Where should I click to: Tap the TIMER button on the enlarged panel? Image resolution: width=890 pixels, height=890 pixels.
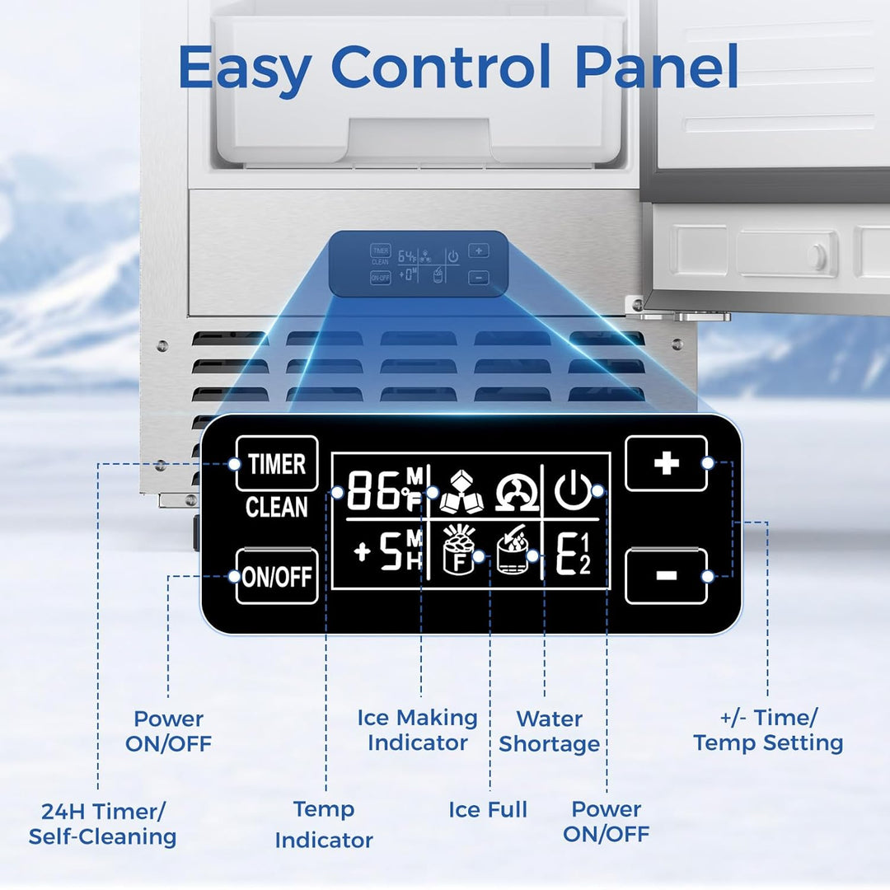[277, 464]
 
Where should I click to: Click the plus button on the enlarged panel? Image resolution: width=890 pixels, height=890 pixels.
[666, 463]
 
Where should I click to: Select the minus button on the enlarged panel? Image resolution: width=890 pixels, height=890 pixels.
[666, 575]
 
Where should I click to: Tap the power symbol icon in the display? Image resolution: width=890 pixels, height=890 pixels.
[572, 491]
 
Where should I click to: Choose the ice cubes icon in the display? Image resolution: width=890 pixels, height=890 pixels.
[460, 492]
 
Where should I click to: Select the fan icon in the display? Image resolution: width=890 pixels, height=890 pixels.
[516, 494]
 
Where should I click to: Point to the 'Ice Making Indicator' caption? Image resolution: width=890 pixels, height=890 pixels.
[417, 730]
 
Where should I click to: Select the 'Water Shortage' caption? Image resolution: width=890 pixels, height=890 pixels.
[549, 732]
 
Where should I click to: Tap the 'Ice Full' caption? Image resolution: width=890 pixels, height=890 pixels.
[488, 810]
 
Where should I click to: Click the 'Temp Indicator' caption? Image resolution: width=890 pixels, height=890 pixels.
[324, 824]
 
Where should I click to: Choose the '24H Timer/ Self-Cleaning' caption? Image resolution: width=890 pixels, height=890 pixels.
[103, 824]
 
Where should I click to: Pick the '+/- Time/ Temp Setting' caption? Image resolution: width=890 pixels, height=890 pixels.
[768, 730]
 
